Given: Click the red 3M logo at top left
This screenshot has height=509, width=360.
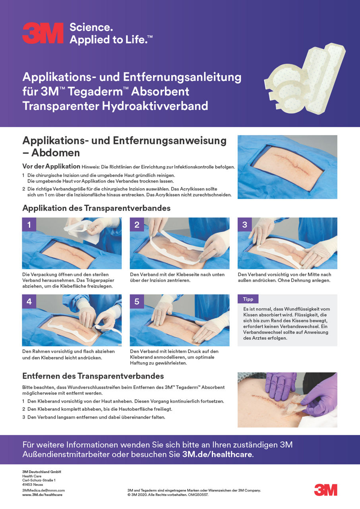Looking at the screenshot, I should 43,33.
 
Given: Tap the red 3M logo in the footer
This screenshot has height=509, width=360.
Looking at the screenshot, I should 325,490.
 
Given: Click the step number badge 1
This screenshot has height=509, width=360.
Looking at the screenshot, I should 29,225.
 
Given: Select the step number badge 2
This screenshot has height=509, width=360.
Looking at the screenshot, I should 137,225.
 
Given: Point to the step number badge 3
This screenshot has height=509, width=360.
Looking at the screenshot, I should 244,225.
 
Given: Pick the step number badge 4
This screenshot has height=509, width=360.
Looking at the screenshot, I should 29,301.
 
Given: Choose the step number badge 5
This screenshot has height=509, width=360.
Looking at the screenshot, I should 137,301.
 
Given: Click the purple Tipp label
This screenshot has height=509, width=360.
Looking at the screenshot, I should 248,299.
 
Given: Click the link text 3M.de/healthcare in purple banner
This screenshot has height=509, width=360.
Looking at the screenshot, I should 217,455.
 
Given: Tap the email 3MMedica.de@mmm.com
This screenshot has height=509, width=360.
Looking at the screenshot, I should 43,490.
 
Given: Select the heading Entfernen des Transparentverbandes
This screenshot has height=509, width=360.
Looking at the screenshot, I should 93,376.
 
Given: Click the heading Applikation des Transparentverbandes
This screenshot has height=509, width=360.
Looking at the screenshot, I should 97,208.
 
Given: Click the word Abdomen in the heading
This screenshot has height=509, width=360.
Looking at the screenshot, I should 56,153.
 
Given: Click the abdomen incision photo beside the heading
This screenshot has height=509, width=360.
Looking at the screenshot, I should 287,167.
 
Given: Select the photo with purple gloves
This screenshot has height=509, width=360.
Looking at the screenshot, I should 287,400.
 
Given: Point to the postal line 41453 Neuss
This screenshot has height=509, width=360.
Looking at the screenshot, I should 32,485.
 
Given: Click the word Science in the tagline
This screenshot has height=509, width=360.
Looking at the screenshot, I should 91,27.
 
